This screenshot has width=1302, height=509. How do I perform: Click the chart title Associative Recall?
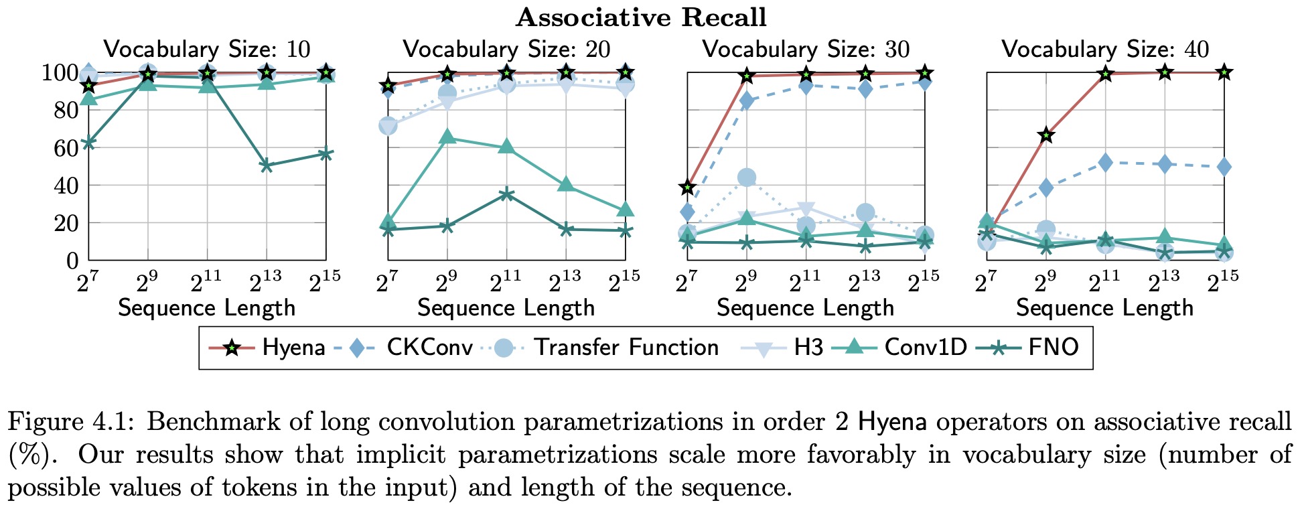pos(641,17)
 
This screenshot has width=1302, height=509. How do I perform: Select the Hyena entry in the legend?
pos(293,348)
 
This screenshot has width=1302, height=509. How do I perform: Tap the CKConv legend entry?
pos(429,348)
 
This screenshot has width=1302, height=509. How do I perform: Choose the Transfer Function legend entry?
pos(626,348)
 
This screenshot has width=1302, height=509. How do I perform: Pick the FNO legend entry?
pos(1054,348)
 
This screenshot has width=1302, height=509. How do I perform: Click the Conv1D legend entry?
pos(925,348)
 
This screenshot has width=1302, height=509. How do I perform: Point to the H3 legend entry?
pos(808,348)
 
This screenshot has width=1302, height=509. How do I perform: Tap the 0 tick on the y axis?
pos(72,261)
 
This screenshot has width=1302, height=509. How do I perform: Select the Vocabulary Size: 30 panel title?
pos(806,50)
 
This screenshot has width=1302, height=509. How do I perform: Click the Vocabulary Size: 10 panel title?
pos(207,50)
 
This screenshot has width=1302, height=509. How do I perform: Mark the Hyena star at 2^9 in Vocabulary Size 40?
pos(1046,136)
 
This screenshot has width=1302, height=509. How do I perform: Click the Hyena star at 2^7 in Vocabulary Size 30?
pos(687,187)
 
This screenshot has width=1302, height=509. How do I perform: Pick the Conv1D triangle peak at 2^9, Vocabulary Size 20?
pos(447,137)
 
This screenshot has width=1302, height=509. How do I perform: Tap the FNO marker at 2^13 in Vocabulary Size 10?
pos(267,165)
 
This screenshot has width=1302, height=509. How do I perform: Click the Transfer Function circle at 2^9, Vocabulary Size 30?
pos(747,177)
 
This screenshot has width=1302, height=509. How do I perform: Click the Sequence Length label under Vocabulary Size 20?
pos(506,308)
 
